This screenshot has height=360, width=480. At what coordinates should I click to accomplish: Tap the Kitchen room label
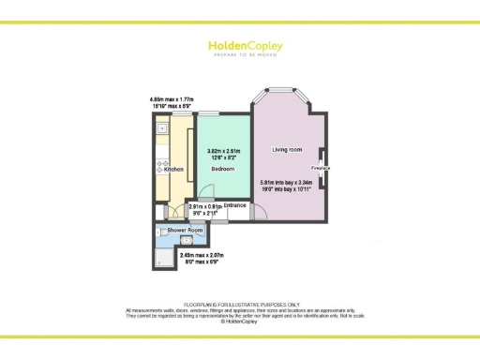tap(173, 170)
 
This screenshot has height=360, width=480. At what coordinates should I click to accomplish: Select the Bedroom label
tap(222, 169)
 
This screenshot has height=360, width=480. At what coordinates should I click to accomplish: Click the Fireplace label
tap(321, 168)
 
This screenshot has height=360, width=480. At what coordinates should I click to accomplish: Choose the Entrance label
tap(234, 204)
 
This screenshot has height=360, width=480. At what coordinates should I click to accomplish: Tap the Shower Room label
tap(185, 230)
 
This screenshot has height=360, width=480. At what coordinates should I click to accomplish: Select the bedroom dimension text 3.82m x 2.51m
tap(222, 155)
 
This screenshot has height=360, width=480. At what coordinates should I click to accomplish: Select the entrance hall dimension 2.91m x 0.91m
tap(205, 209)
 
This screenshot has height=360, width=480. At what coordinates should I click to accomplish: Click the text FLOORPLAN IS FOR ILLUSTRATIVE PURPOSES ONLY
tap(240, 305)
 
